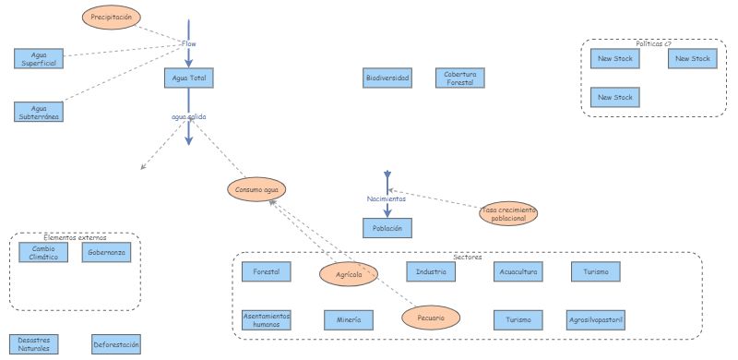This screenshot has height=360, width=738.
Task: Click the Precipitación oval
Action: click(x=112, y=17)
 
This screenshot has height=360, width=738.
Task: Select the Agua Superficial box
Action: click(x=39, y=57)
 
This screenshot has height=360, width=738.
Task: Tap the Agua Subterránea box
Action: click(x=39, y=112)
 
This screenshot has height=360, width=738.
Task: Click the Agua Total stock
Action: click(x=188, y=78)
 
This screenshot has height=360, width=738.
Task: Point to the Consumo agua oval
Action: click(x=256, y=189)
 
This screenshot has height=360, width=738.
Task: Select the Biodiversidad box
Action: click(x=387, y=78)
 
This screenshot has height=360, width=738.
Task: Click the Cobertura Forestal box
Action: click(x=459, y=78)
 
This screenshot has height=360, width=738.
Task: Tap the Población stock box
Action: click(x=387, y=227)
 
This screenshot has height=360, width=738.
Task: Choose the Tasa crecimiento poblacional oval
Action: click(x=508, y=214)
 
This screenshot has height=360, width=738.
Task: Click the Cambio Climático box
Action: click(x=43, y=252)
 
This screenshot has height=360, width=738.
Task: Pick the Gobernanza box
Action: click(x=106, y=252)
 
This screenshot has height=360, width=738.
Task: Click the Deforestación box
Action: click(x=116, y=345)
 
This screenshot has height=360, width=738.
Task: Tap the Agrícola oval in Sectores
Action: click(x=348, y=274)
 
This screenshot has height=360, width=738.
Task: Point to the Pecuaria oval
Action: click(x=431, y=318)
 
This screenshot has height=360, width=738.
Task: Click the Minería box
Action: click(x=349, y=319)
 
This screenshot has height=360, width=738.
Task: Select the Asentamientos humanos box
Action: click(x=267, y=319)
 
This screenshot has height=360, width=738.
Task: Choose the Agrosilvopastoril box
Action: click(x=597, y=319)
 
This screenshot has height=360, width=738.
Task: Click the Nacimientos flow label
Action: click(x=387, y=198)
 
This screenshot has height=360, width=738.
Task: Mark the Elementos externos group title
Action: click(x=76, y=237)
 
